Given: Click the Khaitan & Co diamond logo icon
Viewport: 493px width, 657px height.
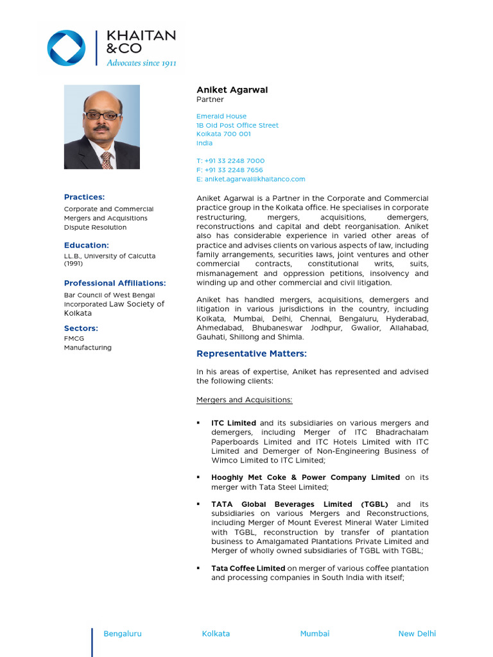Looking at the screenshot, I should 66,48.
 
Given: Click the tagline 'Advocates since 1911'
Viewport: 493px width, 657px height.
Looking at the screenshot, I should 141,63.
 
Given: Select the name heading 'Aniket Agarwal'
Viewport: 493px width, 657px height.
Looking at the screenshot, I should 232,90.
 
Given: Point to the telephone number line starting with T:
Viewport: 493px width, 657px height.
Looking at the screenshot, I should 230,160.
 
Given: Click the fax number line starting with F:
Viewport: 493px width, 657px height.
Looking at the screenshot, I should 230,170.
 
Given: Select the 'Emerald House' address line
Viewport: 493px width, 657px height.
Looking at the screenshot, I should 221,116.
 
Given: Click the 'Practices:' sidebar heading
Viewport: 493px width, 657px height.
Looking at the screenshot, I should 84,197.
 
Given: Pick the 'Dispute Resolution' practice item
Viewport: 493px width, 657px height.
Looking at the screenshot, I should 95,227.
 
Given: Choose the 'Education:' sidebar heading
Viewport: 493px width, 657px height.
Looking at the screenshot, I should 87,245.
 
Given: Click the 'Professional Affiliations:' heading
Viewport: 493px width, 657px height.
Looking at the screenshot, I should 115,283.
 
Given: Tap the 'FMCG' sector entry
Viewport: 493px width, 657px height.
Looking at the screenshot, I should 74,338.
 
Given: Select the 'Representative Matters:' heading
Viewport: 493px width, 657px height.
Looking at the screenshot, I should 252,354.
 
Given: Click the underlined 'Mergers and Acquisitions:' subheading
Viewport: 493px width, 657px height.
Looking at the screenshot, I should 244,400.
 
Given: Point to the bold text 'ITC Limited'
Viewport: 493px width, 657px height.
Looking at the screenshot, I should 234,423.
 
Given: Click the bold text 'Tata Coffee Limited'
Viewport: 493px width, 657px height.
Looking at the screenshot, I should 248,568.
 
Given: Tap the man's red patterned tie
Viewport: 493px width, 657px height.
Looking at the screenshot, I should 107,160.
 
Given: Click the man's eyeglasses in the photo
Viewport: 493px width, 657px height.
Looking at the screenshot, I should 102,116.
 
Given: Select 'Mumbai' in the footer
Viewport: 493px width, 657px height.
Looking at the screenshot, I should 315,633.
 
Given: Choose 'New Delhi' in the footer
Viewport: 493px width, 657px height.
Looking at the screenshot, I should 417,633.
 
